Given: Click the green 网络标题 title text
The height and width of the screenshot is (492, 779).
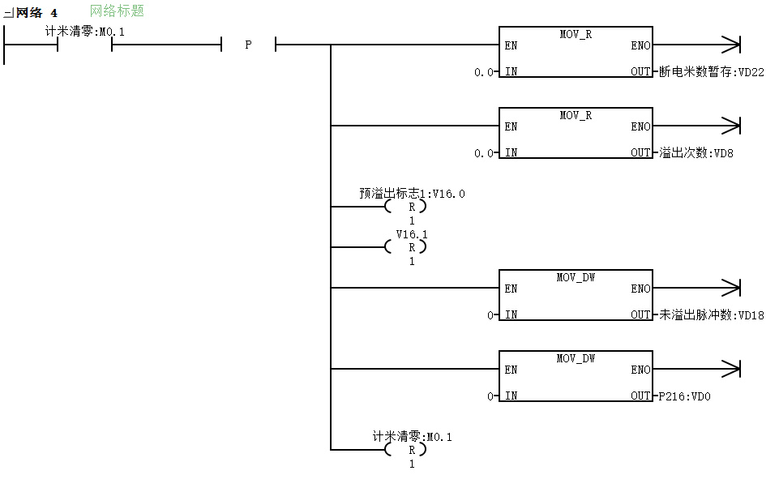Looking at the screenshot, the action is [117, 11].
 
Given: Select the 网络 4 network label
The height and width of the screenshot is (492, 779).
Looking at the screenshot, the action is [36, 12].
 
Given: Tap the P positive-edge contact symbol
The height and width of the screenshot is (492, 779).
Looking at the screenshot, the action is [248, 45].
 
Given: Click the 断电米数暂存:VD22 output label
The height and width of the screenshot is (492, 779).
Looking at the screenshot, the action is [712, 72].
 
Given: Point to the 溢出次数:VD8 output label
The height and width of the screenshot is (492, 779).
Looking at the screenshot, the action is [696, 153].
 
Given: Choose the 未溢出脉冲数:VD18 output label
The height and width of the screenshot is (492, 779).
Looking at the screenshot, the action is [712, 315].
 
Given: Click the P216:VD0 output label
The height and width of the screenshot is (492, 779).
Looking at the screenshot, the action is [685, 396].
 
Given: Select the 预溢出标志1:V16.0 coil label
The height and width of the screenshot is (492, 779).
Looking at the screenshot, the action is [413, 194].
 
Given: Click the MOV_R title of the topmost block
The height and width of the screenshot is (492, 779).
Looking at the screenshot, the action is [576, 34].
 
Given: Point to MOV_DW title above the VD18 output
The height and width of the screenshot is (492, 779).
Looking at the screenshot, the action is [576, 277].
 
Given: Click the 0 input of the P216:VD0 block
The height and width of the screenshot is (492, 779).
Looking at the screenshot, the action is [490, 396].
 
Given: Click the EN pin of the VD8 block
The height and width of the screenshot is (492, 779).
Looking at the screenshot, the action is [511, 126].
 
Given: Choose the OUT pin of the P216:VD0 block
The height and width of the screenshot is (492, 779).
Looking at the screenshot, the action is [640, 396].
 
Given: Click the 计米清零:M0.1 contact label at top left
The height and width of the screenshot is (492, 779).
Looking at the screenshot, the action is [85, 32].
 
